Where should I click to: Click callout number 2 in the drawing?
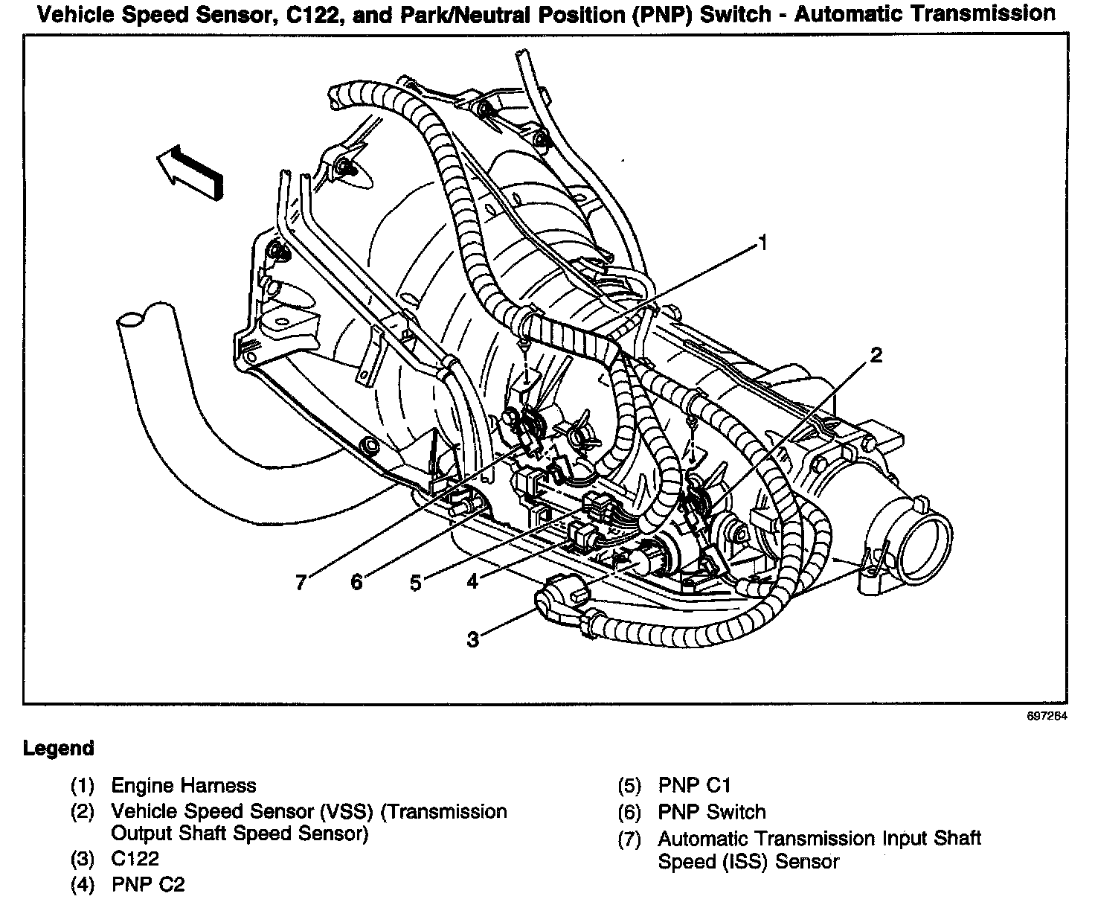point(876,355)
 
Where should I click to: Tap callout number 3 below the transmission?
point(473,639)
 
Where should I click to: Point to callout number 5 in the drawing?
point(415,582)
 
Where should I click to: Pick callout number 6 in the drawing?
point(357,581)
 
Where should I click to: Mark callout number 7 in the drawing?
point(301,581)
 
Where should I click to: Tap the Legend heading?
point(59,748)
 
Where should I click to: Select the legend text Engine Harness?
point(183,785)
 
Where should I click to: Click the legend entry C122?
point(135,859)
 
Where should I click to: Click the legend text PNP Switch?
point(711,812)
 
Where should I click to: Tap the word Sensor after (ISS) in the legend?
point(805,862)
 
